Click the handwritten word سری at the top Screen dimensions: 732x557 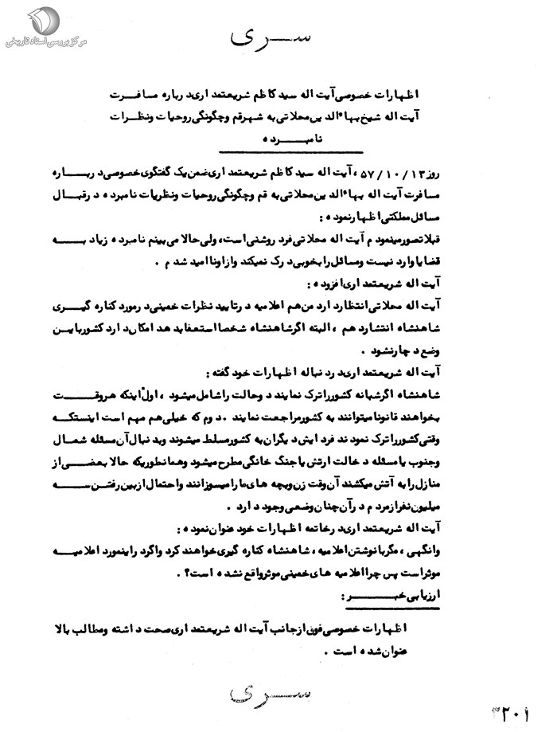pyautogui.click(x=268, y=38)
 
